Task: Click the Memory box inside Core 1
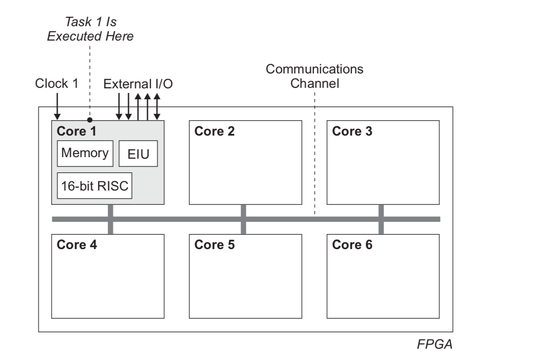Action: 85,154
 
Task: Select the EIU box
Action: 138,154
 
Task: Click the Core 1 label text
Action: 77,131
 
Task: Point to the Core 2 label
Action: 214,131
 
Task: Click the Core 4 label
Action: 77,244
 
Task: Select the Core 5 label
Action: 214,244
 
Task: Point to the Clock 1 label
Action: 57,83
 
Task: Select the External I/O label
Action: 138,83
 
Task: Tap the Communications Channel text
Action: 314,77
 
